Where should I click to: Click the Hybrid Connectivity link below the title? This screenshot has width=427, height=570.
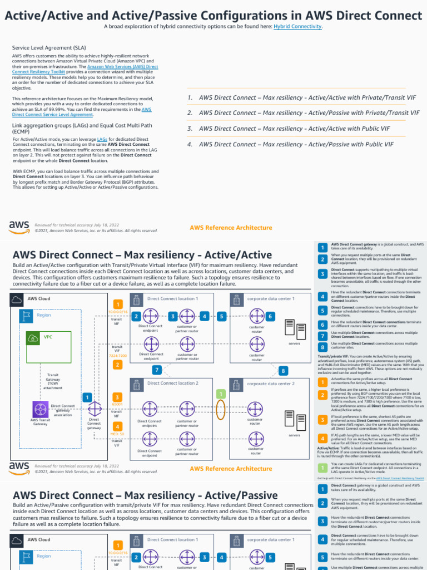(x=297, y=26)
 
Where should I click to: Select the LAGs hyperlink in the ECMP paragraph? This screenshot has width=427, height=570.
(x=102, y=139)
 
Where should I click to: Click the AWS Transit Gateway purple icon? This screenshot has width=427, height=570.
(x=40, y=408)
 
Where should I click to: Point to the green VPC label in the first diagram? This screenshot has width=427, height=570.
(x=48, y=337)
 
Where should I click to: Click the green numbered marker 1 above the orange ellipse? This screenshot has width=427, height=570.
(x=221, y=394)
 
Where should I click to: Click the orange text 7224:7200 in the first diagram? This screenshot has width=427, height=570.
(x=117, y=355)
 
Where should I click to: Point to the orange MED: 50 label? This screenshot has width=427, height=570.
(x=117, y=434)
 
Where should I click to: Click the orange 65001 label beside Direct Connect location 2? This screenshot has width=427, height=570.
(x=117, y=403)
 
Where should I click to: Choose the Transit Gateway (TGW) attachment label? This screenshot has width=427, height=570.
(x=53, y=381)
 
